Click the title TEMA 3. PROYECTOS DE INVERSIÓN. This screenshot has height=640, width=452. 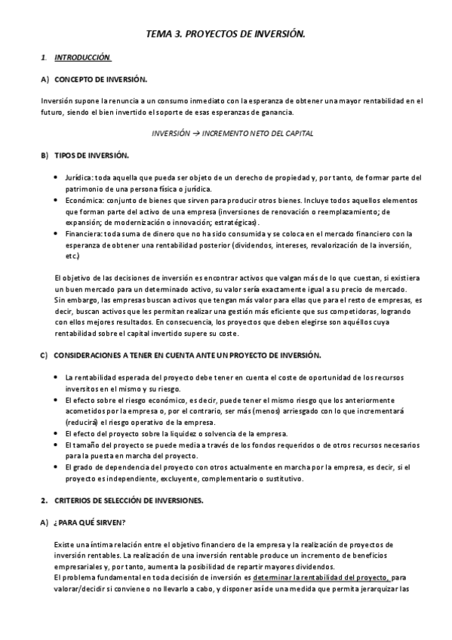(x=225, y=35)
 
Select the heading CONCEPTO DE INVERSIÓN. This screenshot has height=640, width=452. (x=101, y=78)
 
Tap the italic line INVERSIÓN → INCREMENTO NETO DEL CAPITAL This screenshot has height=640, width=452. (x=222, y=133)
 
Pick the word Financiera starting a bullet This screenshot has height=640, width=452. (x=85, y=234)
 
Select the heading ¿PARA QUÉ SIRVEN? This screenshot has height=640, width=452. (x=90, y=522)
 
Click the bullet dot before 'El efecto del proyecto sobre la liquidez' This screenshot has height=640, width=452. (x=57, y=434)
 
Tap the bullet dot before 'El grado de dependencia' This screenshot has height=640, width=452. (x=57, y=467)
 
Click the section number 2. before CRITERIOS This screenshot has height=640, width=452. (x=45, y=500)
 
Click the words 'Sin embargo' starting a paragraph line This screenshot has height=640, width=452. (x=73, y=300)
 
